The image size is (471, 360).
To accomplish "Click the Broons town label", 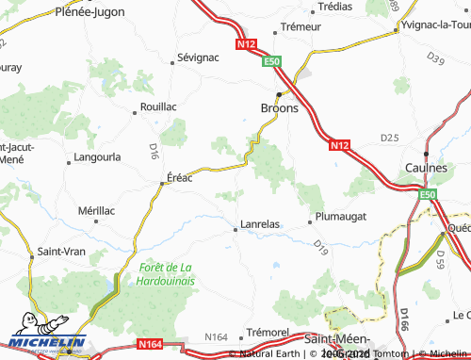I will [x=279, y=108].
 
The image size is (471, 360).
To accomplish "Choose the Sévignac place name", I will [x=199, y=57].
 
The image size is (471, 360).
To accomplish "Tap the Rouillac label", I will [x=157, y=107].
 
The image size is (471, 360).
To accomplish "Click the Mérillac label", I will [x=97, y=210].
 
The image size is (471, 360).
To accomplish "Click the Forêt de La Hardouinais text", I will [x=166, y=274].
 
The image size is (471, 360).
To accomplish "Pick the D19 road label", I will [x=320, y=248].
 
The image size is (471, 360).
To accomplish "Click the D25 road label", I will [x=389, y=139].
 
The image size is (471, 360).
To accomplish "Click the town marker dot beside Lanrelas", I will [x=235, y=228].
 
